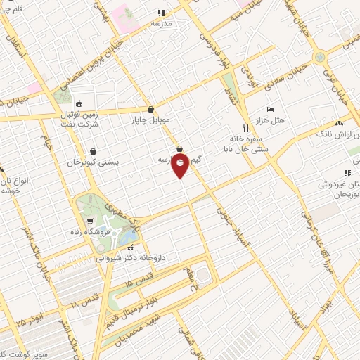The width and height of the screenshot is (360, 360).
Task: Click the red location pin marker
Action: tap(181, 165)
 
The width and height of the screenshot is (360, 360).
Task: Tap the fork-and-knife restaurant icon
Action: tap(245, 128)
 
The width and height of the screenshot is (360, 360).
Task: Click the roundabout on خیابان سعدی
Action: tap(321, 56)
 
